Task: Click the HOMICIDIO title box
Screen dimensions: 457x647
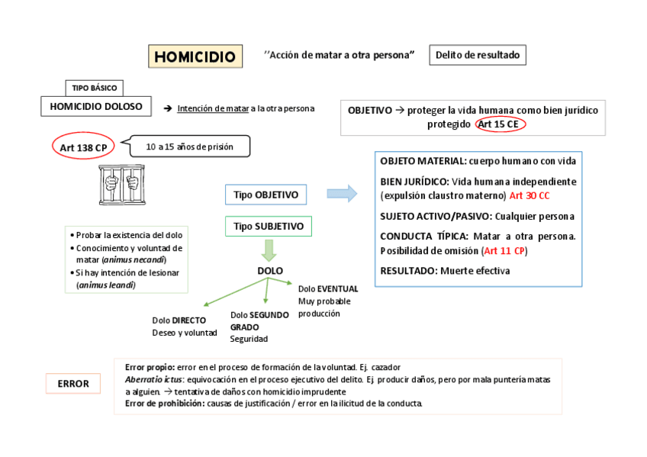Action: [195, 56]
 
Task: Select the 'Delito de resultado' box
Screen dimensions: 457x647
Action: [478, 55]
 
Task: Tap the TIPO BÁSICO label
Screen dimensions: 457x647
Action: [95, 88]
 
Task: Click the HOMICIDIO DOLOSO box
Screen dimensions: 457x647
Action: [96, 107]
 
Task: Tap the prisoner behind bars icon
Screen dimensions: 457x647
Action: [122, 182]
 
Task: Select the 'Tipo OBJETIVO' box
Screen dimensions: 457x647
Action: [266, 195]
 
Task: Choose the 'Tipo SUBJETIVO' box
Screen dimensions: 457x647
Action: [269, 227]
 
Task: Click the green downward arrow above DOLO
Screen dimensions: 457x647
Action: [269, 250]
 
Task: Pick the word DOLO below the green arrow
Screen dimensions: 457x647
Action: [270, 271]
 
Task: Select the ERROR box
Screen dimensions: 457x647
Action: [73, 384]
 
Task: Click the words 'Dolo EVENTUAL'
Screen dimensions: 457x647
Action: [328, 289]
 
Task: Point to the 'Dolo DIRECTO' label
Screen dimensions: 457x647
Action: [179, 320]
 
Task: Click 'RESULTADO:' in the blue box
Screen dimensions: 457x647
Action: [408, 271]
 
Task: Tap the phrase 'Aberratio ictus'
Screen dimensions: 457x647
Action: [153, 379]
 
